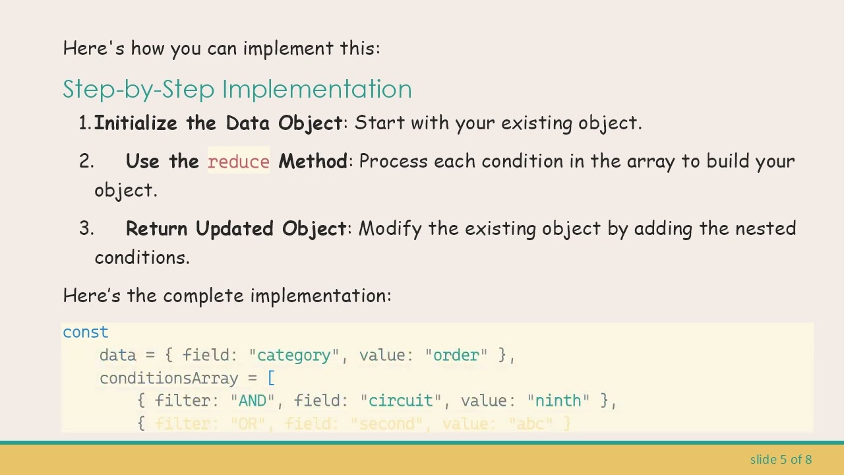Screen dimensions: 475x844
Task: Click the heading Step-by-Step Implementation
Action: coord(237,89)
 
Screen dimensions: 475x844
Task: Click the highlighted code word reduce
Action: coord(239,162)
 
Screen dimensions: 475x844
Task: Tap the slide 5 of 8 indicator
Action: coord(781,459)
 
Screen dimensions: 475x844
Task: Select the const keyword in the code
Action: coord(85,332)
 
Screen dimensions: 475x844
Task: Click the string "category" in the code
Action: coord(293,356)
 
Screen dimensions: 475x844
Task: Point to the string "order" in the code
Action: coord(456,356)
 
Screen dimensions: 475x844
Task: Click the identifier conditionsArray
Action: coord(169,379)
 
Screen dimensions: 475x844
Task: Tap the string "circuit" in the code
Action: coord(400,401)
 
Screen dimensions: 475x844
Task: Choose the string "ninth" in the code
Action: coord(558,401)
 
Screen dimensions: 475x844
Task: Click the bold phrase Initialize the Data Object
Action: coord(218,123)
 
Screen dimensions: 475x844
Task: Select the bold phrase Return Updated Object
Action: coord(236,229)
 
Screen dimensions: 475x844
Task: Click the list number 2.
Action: coord(86,162)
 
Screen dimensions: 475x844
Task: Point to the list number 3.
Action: coord(86,229)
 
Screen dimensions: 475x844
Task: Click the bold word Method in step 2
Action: coord(313,162)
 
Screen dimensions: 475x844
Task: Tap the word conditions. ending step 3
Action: coord(142,258)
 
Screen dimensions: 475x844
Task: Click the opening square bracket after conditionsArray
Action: coord(271,379)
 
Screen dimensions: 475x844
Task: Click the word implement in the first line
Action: coord(288,49)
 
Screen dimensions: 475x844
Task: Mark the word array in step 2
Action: coord(650,162)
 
